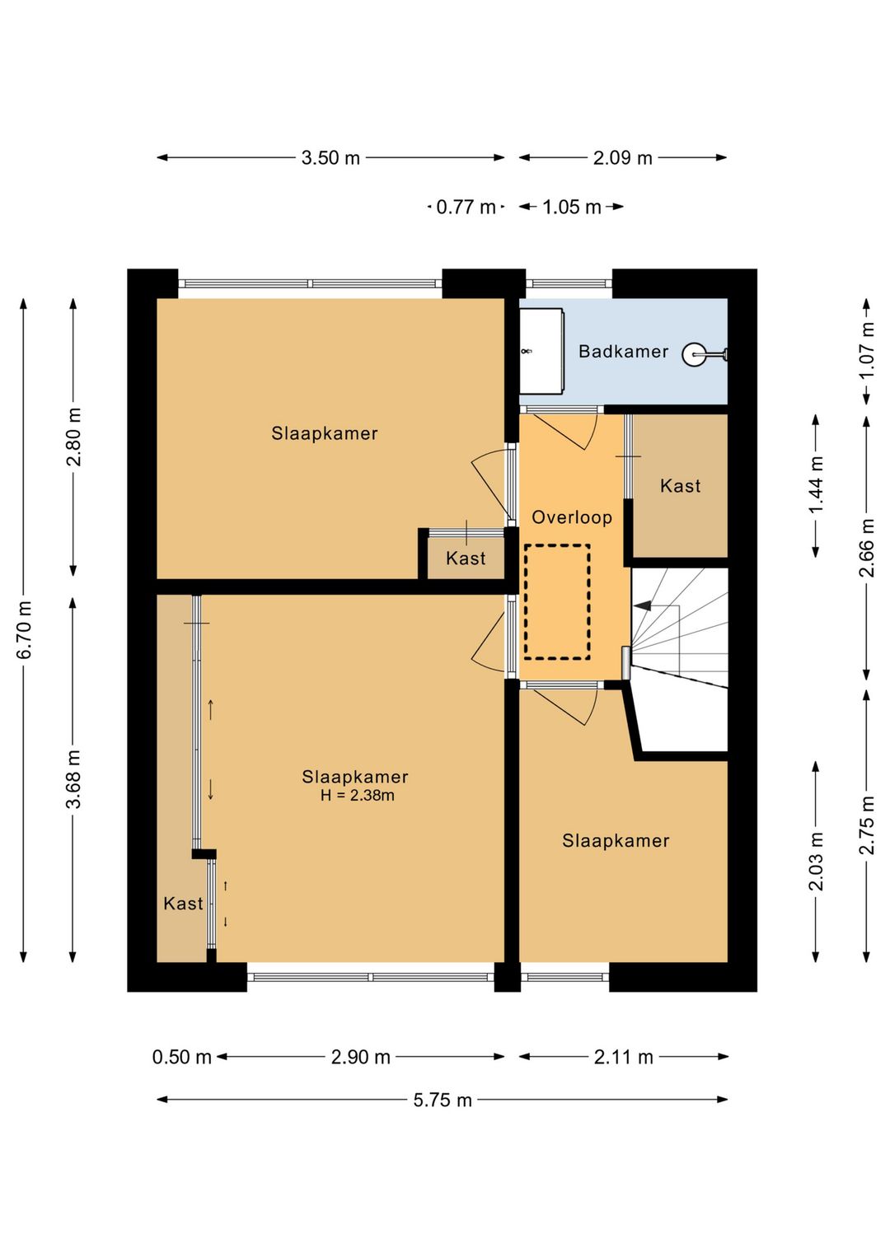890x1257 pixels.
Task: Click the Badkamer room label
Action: pos(623,352)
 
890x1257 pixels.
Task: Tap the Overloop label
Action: pos(572,517)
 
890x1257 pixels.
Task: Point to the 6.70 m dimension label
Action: pos(25,629)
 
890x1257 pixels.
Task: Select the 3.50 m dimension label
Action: pos(330,157)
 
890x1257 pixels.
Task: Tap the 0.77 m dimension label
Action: pos(466,207)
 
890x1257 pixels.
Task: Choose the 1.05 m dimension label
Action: pos(572,207)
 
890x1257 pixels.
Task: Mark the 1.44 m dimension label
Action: pos(816,484)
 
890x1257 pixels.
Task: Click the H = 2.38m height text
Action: pos(357,795)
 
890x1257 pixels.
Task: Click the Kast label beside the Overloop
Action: pos(680,485)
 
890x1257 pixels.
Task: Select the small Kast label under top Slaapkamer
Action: pos(466,558)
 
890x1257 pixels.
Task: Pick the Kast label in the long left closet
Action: pos(183,904)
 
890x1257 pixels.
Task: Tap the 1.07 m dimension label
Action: pos(867,350)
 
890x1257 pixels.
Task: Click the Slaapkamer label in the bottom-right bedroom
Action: pos(616,841)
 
